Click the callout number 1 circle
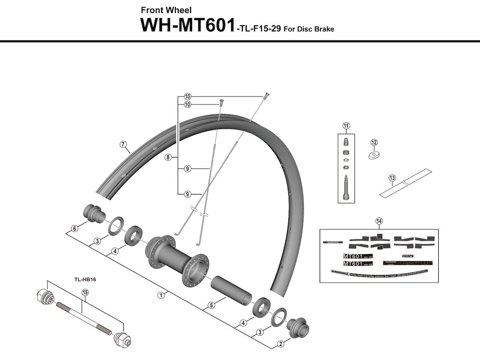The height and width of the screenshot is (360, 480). tap(160, 295)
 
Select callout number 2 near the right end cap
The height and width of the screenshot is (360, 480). tap(280, 344)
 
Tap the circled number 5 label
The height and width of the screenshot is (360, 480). tap(211, 305)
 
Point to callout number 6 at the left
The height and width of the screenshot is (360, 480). tap(74, 229)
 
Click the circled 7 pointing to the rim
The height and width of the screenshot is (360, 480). tap(123, 144)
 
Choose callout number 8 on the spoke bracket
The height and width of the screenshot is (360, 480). tap(167, 157)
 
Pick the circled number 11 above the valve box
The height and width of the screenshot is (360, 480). tap(346, 125)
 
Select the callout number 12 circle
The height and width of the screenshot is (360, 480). tap(374, 142)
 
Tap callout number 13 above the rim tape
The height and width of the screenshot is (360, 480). tap(392, 178)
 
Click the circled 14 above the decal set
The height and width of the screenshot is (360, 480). tap(379, 221)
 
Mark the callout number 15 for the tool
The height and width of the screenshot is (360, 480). tap(85, 292)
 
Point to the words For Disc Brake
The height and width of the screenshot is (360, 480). tap(309, 29)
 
